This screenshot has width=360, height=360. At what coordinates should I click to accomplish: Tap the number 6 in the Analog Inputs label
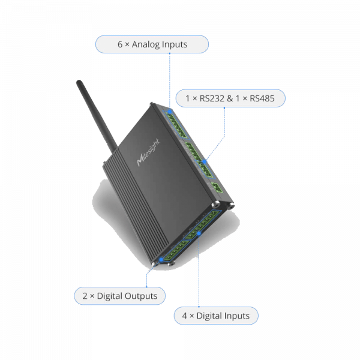coord(119,44)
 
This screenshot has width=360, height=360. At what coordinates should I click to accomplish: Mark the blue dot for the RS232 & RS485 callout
coord(205,161)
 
